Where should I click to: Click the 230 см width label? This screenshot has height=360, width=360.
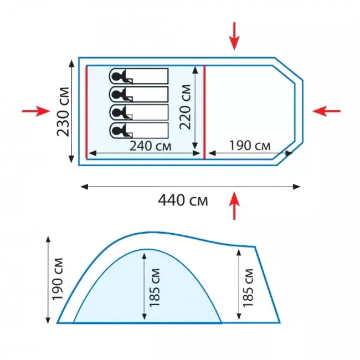pyautogui.click(x=63, y=112)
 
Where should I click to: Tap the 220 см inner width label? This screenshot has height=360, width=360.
pyautogui.click(x=185, y=107)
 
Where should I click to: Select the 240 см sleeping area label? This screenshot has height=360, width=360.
pyautogui.click(x=151, y=146)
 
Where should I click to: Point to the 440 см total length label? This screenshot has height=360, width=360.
pyautogui.click(x=183, y=200)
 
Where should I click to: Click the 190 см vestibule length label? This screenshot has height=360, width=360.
pyautogui.click(x=250, y=146)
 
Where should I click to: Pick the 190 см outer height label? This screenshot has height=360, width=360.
pyautogui.click(x=58, y=279)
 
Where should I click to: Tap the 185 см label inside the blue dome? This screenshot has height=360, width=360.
pyautogui.click(x=155, y=287)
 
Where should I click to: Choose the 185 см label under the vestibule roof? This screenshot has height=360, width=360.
pyautogui.click(x=248, y=288)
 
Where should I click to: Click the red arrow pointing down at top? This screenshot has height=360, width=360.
pyautogui.click(x=234, y=36)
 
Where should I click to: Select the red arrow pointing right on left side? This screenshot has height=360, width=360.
pyautogui.click(x=36, y=111)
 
